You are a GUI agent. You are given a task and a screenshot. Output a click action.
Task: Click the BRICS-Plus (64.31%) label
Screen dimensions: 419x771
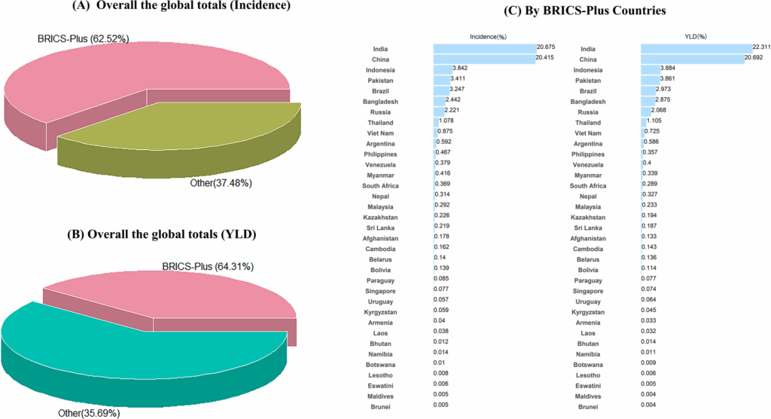coord(207,266)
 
